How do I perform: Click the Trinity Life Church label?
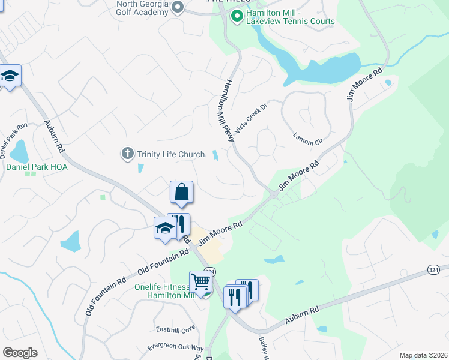coord(170,154)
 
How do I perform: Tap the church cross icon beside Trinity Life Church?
coord(127,154)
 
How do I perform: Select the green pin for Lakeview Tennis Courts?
coord(237,16)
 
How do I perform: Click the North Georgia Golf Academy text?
coord(136,8)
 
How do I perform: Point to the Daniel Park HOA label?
coord(37,167)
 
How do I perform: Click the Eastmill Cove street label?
coord(176,329)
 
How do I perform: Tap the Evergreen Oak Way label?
coord(176,349)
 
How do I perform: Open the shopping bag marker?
coord(181,193)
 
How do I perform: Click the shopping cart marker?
coord(200,282)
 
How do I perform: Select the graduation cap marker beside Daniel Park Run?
coord(10,76)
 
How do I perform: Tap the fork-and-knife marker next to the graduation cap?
coord(179,224)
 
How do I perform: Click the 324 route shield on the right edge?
coord(434,270)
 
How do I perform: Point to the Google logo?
coord(20,353)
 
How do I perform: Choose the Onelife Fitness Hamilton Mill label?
coord(163,291)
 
